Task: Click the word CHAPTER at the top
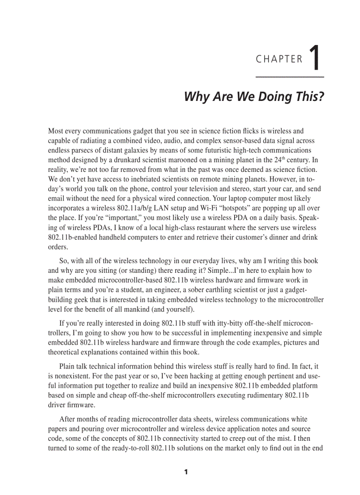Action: point(279,59)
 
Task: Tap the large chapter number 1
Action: point(315,57)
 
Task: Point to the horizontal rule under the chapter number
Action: point(290,77)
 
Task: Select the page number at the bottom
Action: point(186,472)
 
